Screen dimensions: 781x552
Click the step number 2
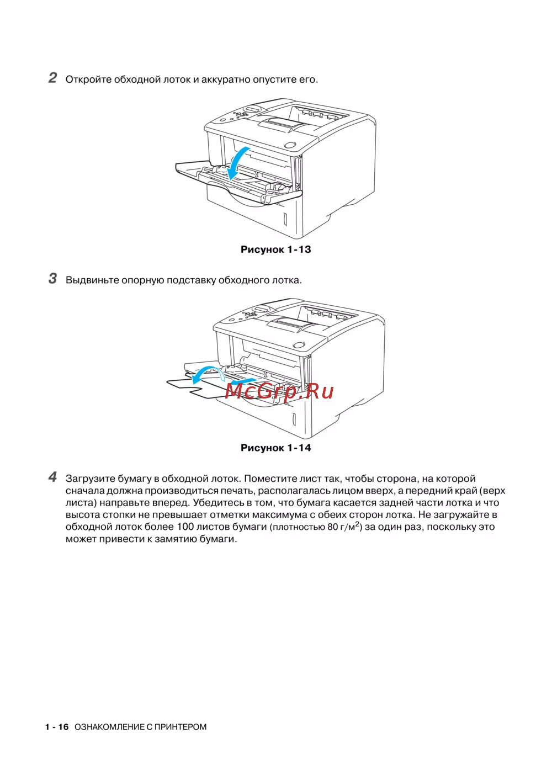52,77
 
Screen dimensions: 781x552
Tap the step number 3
52,278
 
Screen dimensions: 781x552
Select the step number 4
52,477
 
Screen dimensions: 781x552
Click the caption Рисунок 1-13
275,249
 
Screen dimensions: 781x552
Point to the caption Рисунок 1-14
275,448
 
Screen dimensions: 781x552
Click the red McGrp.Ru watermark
279,391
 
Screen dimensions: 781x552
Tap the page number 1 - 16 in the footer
57,727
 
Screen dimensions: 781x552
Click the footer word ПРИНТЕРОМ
181,727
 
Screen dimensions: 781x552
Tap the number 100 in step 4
185,527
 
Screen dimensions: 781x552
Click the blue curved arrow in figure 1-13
238,162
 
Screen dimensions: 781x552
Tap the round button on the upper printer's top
290,145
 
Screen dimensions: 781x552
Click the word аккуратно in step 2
226,79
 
